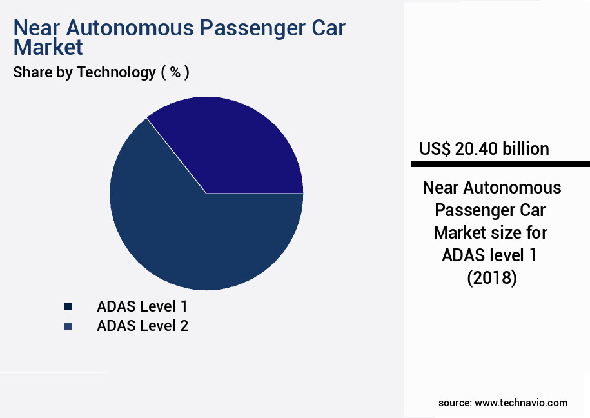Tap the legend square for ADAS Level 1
tap(68, 306)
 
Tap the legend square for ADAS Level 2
tap(68, 326)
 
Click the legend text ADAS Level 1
tap(142, 306)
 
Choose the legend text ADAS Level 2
tap(143, 326)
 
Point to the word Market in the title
tap(48, 47)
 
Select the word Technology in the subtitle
tap(117, 72)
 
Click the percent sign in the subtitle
tap(175, 72)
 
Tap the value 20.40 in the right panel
tap(477, 149)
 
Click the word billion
tap(525, 149)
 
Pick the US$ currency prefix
tap(435, 149)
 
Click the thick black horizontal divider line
tap(500, 164)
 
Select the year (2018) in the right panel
tap(491, 277)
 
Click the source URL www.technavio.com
tap(521, 403)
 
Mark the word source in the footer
tap(453, 403)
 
